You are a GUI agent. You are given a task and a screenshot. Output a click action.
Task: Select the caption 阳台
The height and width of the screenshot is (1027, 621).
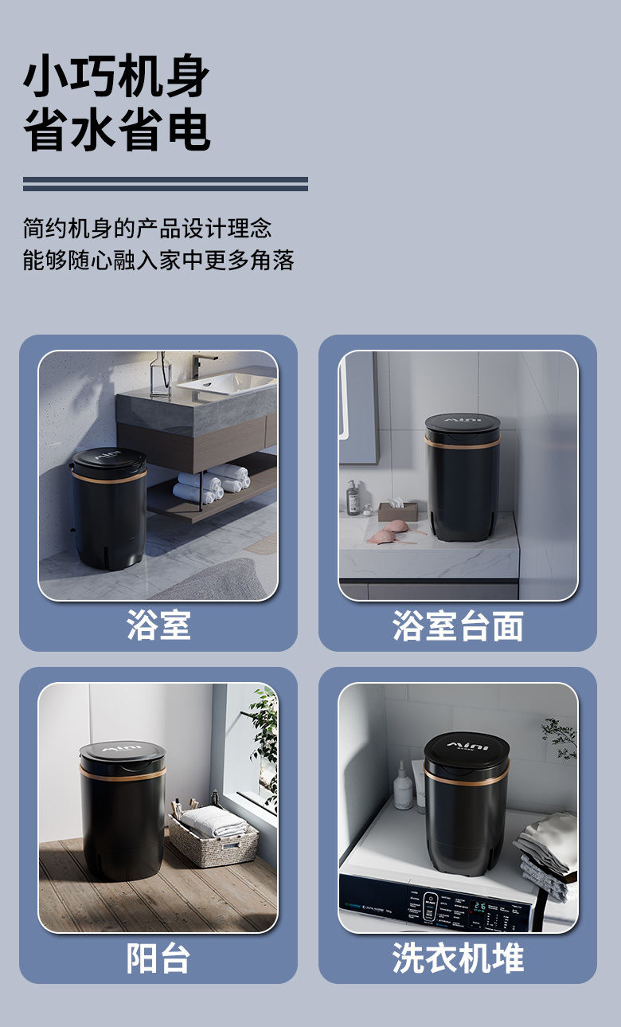click(x=158, y=958)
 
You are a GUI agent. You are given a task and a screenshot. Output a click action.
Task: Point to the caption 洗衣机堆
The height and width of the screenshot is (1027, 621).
click(x=457, y=958)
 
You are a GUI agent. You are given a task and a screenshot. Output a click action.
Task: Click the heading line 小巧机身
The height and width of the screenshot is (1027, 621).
click(x=116, y=77)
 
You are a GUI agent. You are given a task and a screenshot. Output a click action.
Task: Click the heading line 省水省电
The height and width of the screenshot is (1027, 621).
click(x=116, y=130)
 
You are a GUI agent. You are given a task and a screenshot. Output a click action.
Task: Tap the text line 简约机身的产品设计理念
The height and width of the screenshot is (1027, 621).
click(x=147, y=229)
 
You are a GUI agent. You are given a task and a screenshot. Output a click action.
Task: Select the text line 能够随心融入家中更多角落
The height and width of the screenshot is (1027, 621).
click(x=158, y=260)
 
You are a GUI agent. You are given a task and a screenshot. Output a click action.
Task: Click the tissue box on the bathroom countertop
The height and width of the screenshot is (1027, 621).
click(x=396, y=510)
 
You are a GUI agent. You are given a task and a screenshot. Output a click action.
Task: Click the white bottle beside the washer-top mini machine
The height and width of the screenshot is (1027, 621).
click(x=404, y=786)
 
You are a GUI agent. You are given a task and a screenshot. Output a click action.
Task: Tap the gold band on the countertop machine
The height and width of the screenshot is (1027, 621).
click(x=463, y=445)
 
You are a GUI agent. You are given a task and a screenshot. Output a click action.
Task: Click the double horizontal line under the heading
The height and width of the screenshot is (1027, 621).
click(x=165, y=184)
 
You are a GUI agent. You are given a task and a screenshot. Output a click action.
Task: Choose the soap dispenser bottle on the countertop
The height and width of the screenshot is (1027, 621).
click(x=353, y=499)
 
